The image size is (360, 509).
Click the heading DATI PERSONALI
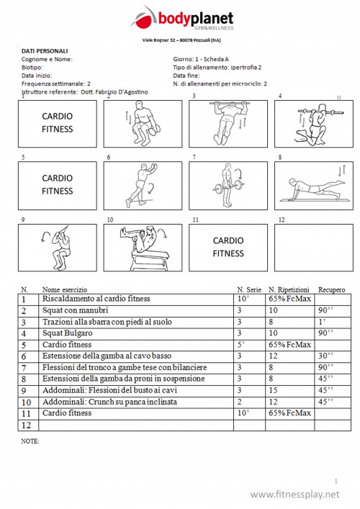[45, 51]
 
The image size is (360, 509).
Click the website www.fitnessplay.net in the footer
[294, 495]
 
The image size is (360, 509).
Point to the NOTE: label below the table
[30, 440]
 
